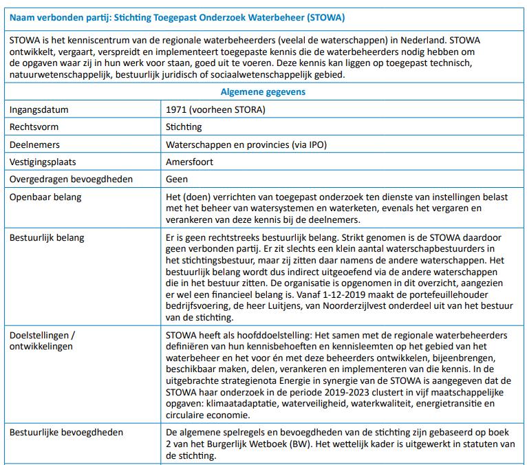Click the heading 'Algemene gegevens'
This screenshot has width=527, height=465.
pos(263,91)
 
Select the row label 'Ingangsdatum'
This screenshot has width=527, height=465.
pos(39,109)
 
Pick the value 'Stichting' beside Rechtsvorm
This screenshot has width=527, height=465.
pos(184,127)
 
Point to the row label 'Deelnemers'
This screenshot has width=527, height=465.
pos(34,145)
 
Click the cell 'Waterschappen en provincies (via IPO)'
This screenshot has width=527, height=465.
pos(246,145)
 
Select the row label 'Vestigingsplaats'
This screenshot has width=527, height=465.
pos(43,162)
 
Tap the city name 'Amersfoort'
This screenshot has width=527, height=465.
pos(190,162)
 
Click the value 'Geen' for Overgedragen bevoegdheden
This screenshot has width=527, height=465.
pos(177,180)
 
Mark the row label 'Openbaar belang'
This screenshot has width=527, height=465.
pos(45,197)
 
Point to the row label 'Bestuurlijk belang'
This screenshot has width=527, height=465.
pos(47,238)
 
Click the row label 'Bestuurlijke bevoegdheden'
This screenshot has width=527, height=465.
pos(66,433)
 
